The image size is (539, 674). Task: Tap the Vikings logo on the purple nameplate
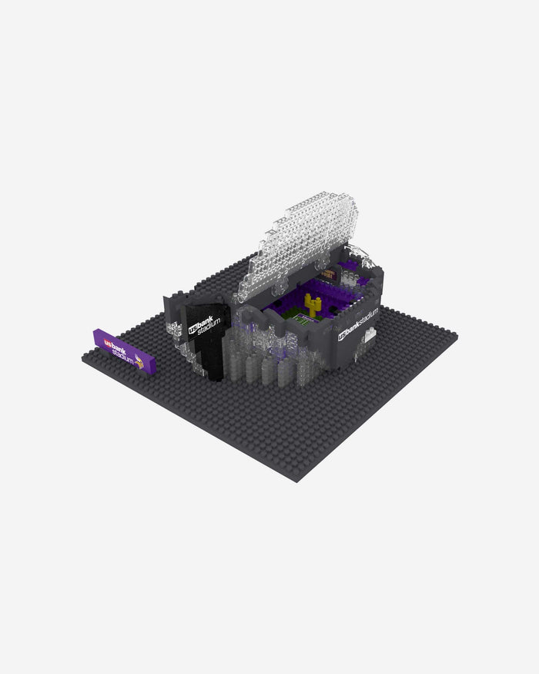click(x=139, y=361)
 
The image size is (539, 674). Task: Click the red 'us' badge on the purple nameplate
click(x=108, y=343)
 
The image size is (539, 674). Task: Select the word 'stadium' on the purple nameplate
click(x=122, y=355)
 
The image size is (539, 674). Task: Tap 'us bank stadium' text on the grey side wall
click(x=357, y=324)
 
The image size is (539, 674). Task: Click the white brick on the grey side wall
click(x=370, y=335)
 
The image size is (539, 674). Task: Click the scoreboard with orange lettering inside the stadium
click(x=330, y=274)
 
